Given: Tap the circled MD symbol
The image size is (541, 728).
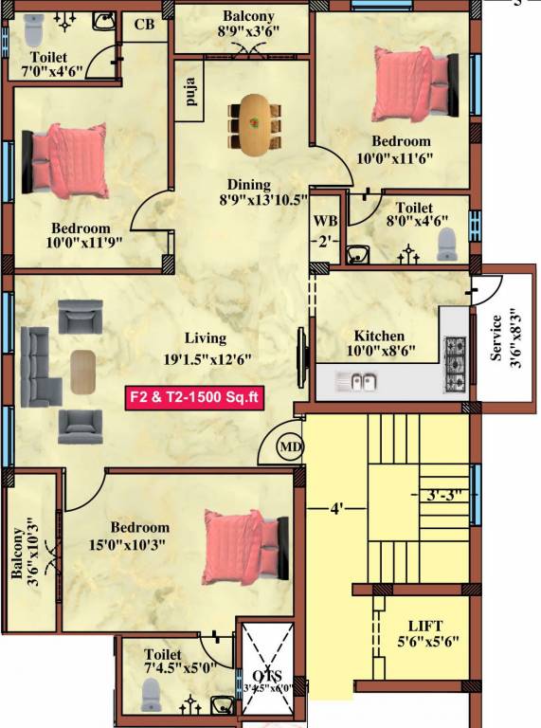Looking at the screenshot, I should tap(290, 446).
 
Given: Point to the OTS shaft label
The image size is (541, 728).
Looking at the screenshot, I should tap(271, 674).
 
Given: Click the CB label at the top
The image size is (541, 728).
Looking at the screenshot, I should tap(145, 25).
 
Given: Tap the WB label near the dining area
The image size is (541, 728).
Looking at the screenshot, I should tap(325, 221).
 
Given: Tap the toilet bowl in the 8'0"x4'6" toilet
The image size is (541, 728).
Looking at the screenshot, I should tap(445, 245).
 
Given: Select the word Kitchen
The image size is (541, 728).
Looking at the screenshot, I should tap(379, 336).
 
